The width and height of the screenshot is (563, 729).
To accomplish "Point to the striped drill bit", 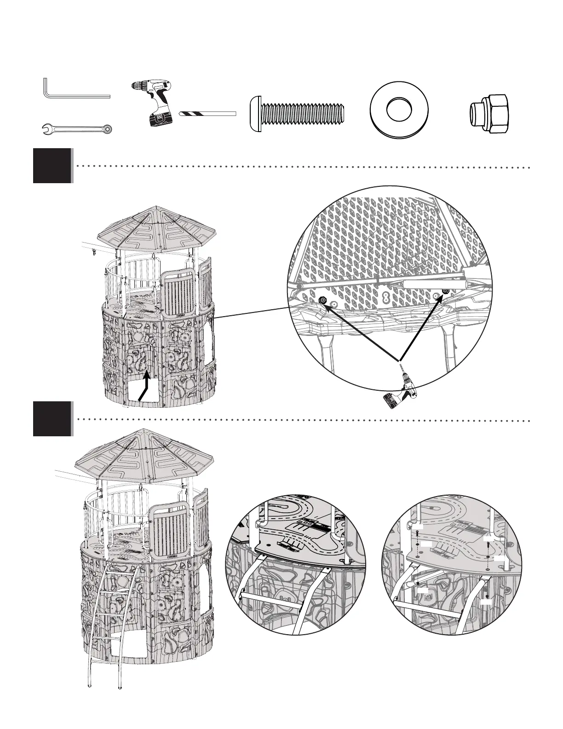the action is (x=208, y=113).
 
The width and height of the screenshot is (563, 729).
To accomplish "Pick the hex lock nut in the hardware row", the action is (x=489, y=114).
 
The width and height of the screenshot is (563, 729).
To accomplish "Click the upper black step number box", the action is (x=52, y=166).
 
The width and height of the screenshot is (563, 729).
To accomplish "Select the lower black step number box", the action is (x=52, y=418).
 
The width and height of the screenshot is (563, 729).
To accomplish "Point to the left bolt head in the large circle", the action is (x=322, y=301).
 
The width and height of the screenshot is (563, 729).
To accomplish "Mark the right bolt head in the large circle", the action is (x=444, y=291).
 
